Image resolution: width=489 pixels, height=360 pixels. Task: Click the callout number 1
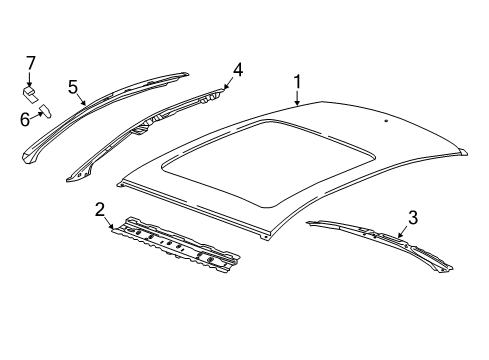[296, 82]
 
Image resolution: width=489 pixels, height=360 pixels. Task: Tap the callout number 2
[99, 209]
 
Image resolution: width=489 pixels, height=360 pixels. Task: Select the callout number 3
[412, 217]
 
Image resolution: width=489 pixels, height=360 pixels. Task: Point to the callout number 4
[237, 70]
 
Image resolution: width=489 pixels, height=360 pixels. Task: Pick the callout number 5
[73, 86]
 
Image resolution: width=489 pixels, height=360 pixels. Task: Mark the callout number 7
[30, 66]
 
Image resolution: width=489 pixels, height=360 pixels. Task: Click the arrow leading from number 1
[297, 96]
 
